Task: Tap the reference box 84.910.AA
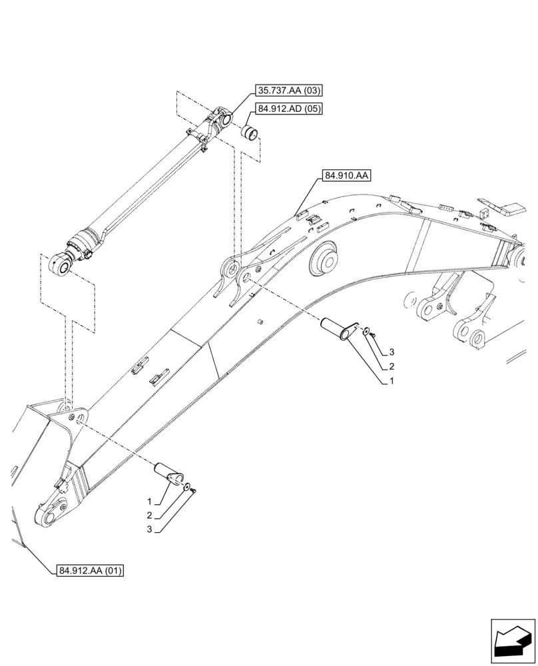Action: point(346,176)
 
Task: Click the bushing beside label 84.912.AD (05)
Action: point(250,132)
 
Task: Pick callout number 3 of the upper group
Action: point(392,351)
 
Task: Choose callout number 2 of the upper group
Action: point(392,366)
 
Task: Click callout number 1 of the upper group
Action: point(392,382)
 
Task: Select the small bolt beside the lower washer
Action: point(192,491)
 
